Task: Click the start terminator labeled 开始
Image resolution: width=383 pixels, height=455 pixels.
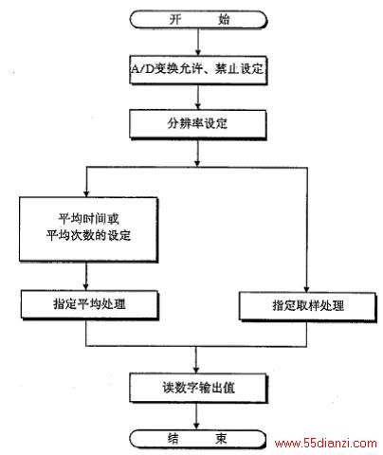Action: pyautogui.click(x=198, y=20)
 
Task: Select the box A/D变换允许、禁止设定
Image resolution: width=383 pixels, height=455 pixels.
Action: pyautogui.click(x=198, y=70)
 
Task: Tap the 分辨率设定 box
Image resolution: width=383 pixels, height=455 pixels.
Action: pyautogui.click(x=198, y=124)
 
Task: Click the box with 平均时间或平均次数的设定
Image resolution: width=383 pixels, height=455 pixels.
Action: pyautogui.click(x=88, y=229)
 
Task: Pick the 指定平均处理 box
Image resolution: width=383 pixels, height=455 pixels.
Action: pyautogui.click(x=89, y=304)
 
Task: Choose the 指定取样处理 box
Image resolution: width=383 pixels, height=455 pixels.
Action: pyautogui.click(x=308, y=306)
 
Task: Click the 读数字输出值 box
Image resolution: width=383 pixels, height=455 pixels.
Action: pyautogui.click(x=198, y=388)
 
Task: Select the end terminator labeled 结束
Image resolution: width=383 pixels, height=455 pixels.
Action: pyautogui.click(x=198, y=439)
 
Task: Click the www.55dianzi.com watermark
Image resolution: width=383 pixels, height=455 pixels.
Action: pyautogui.click(x=326, y=444)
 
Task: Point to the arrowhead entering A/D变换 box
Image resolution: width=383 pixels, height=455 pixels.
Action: pyautogui.click(x=198, y=52)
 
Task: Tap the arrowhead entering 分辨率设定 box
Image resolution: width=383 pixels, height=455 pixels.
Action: pyautogui.click(x=198, y=106)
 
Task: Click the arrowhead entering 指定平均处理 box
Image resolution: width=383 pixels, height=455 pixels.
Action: pyautogui.click(x=86, y=286)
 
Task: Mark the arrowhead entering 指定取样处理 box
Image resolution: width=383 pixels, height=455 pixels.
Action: pyautogui.click(x=306, y=288)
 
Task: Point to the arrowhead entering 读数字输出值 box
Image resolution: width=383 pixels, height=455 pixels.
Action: pyautogui.click(x=196, y=370)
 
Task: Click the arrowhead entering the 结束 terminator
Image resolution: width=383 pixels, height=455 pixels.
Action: pyautogui.click(x=196, y=427)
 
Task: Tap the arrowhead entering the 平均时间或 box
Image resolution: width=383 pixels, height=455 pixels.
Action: pyautogui.click(x=86, y=193)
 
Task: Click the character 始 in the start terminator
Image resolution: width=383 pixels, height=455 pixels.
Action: pyautogui.click(x=224, y=20)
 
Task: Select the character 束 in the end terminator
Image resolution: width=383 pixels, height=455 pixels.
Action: pyautogui.click(x=221, y=439)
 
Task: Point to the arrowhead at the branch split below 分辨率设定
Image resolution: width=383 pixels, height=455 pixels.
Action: pyautogui.click(x=197, y=163)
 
